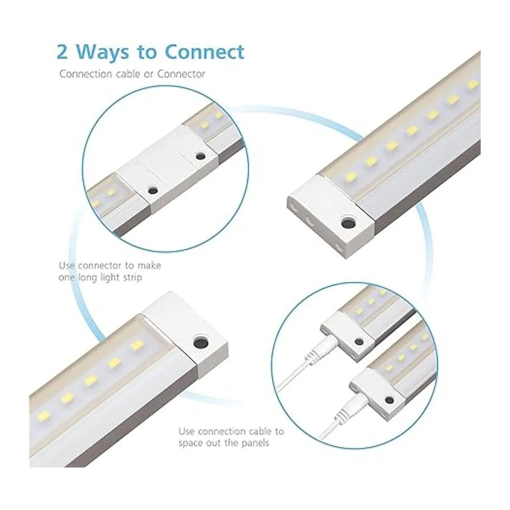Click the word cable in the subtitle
(128, 74)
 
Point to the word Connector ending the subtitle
(181, 74)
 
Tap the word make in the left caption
(149, 265)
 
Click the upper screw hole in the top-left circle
(201, 156)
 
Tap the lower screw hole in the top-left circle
(153, 190)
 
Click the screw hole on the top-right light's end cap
(348, 223)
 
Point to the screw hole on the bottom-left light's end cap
(201, 342)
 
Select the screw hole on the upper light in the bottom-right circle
(359, 341)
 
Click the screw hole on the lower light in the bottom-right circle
(389, 399)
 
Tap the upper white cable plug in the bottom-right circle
(322, 350)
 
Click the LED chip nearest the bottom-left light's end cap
(136, 346)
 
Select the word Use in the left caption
(67, 265)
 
